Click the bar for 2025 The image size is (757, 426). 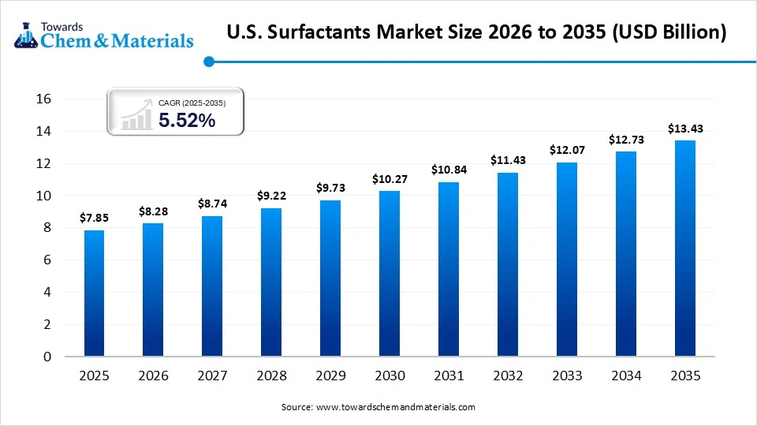click(x=94, y=293)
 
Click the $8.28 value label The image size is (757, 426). click(x=152, y=211)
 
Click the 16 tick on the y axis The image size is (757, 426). click(x=43, y=99)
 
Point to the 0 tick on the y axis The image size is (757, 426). click(x=47, y=357)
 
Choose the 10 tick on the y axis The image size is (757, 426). click(x=43, y=196)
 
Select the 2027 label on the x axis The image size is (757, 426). click(x=211, y=376)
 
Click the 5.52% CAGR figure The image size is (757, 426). click(x=187, y=120)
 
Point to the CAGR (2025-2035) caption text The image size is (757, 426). click(x=192, y=103)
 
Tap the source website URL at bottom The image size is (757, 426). click(x=395, y=407)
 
